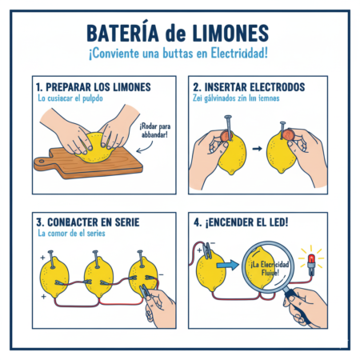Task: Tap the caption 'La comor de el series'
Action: pos(70,234)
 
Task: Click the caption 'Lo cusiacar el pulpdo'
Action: pos(74,98)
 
